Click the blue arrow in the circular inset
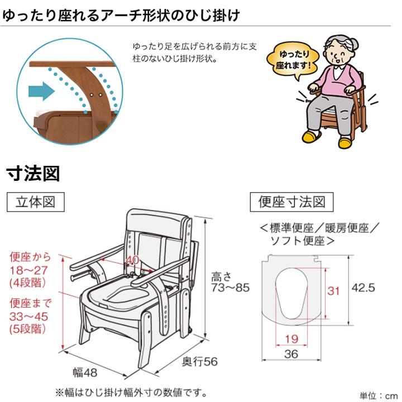pyautogui.click(x=39, y=89)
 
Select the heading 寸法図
pyautogui.click(x=33, y=174)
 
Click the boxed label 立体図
pyautogui.click(x=34, y=202)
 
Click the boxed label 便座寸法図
pyautogui.click(x=291, y=202)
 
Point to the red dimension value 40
pyautogui.click(x=132, y=259)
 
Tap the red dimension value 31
pyautogui.click(x=333, y=291)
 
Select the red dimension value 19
pyautogui.click(x=291, y=338)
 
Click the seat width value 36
pyautogui.click(x=291, y=354)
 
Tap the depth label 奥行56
pyautogui.click(x=199, y=361)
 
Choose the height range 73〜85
pyautogui.click(x=230, y=289)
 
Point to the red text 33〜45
pyautogui.click(x=30, y=316)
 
